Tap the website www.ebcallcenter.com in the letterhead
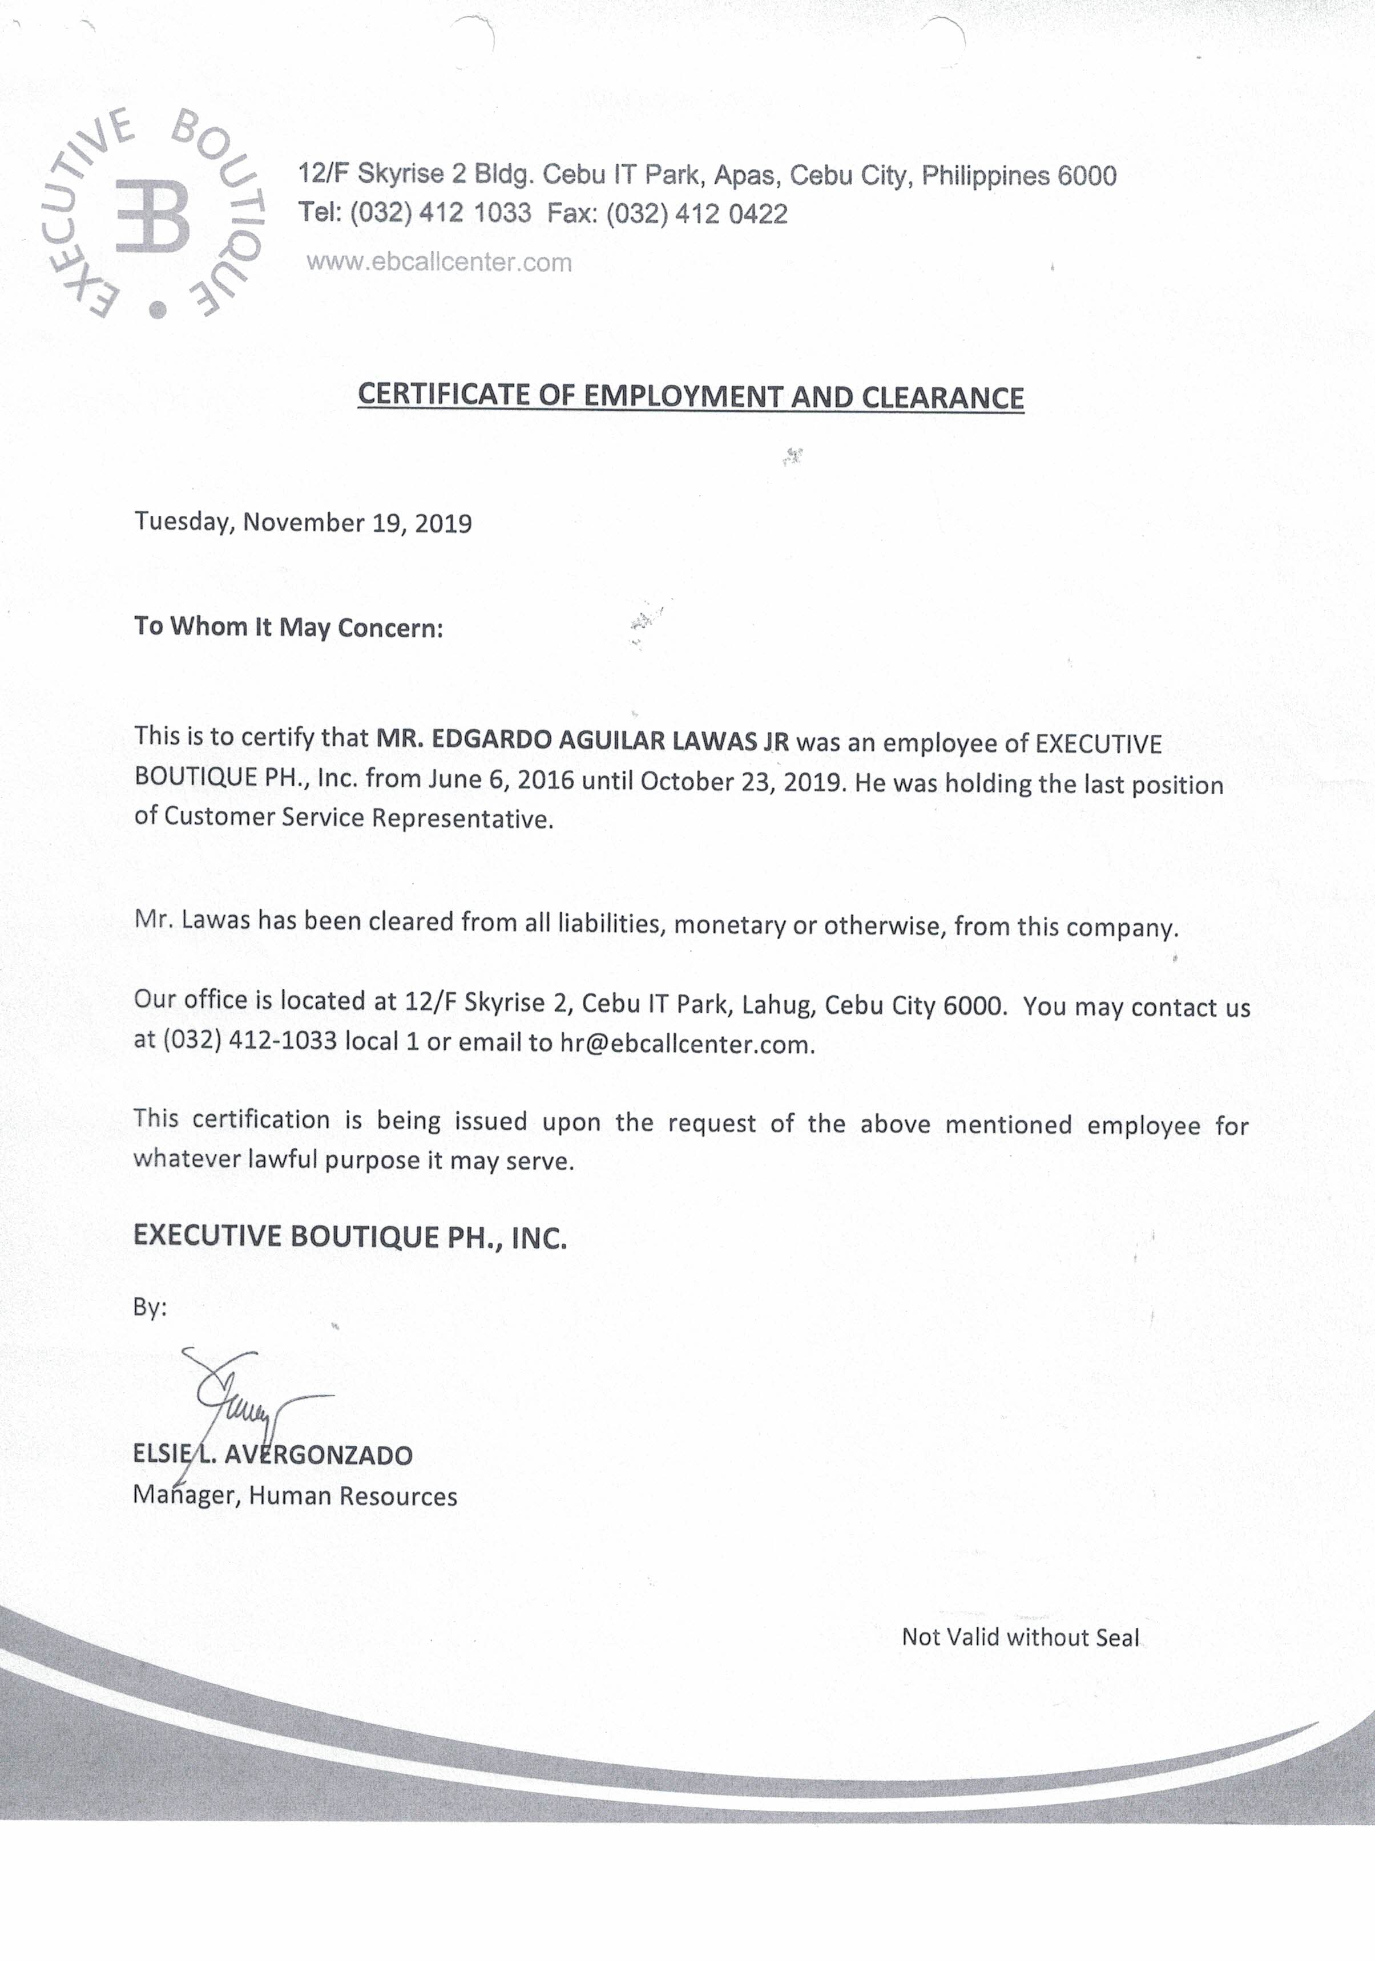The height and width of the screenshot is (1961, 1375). point(439,262)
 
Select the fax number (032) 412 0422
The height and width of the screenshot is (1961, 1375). point(696,213)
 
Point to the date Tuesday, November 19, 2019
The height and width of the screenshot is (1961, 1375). point(304,523)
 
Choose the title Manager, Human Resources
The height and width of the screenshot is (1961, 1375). point(295,1497)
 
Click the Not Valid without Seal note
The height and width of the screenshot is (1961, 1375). point(1021,1637)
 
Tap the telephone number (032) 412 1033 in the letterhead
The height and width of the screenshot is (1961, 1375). point(440,213)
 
